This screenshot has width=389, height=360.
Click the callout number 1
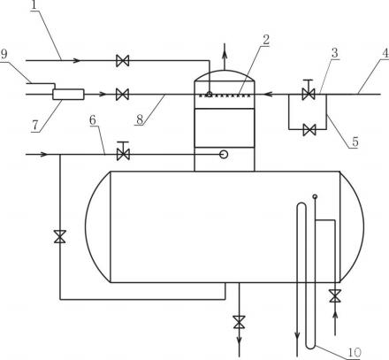(34, 4)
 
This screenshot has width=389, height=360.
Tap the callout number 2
(266, 40)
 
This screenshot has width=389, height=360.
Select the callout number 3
(335, 53)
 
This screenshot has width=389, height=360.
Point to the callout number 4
(385, 53)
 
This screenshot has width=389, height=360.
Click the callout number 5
(355, 142)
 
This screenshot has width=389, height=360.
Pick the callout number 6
(93, 120)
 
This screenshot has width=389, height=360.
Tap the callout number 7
(35, 126)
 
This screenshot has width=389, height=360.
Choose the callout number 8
(140, 119)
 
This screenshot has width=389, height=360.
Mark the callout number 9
(4, 54)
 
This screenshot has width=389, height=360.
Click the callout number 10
(355, 352)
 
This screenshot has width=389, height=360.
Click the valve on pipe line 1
(122, 61)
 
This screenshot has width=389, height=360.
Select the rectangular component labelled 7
(68, 95)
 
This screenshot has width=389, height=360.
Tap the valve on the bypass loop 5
(309, 129)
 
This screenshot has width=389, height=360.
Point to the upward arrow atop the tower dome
(225, 56)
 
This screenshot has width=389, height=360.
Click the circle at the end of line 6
(224, 154)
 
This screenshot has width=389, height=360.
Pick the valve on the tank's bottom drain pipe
(239, 322)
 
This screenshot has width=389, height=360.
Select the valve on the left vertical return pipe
(60, 236)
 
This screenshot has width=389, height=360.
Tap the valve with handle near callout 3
(309, 90)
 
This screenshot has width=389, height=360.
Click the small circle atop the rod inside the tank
(315, 196)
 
